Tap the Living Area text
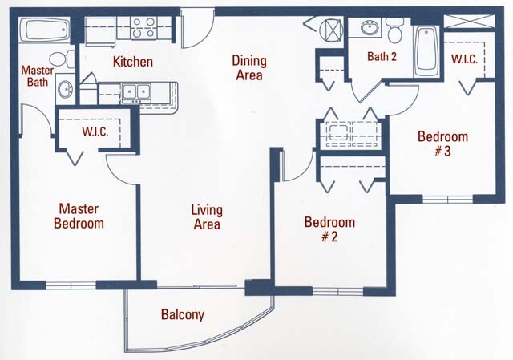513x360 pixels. click(206, 217)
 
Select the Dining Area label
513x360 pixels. click(248, 68)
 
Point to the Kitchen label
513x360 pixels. click(133, 62)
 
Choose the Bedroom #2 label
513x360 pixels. click(329, 229)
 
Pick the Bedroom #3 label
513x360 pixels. click(442, 144)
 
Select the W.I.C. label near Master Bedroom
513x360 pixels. click(95, 131)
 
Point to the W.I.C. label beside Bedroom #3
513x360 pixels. click(466, 59)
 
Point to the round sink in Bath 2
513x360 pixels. click(370, 29)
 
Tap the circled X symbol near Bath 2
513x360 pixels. click(330, 30)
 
